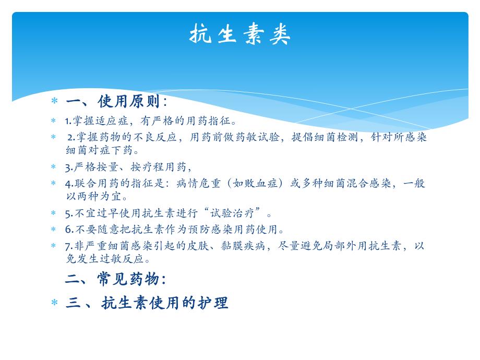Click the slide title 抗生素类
coord(239,35)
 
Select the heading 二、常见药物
coord(115,279)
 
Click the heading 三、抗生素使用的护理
coord(147,303)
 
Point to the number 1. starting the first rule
coord(68,122)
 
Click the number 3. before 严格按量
coord(68,167)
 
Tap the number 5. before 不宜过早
coord(68,213)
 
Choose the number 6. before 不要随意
coord(68,230)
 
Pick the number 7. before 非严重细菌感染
coord(68,246)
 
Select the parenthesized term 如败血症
coord(261,184)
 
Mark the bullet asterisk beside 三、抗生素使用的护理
coord(54,303)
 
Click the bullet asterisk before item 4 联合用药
coord(54,184)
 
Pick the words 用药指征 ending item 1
coord(214,122)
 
